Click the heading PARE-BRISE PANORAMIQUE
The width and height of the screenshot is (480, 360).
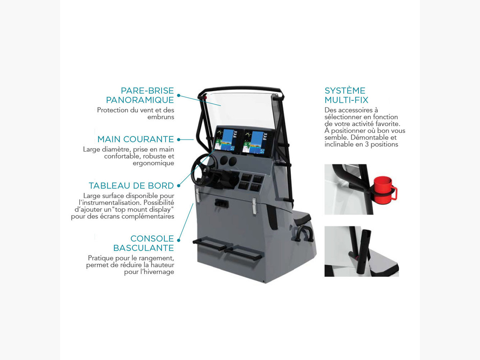coord(140,95)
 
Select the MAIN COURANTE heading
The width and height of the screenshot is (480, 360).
coord(136,139)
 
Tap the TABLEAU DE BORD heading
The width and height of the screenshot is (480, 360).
coord(131,186)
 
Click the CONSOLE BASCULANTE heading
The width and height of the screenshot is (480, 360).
coord(144,243)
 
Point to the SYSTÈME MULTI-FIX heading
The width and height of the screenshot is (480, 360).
coord(346,95)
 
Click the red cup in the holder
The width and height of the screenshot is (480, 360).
coord(385,190)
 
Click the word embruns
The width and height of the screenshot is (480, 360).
coord(161,117)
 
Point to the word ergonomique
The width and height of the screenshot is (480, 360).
coord(153,163)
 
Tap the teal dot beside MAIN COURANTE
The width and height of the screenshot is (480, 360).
coord(179,140)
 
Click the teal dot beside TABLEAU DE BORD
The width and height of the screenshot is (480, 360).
coord(179,186)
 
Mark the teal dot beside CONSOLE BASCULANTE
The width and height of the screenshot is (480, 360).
coord(179,240)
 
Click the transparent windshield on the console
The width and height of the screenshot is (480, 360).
coord(240,109)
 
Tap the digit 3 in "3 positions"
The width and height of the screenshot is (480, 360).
coord(367,144)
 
